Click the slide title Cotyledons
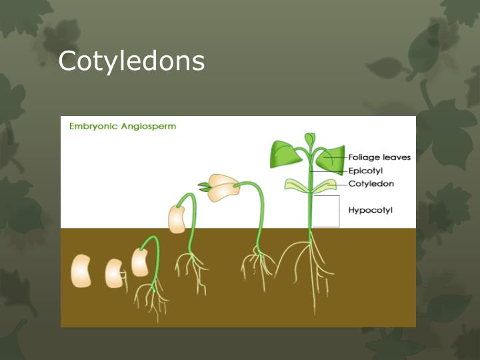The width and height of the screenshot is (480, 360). (x=131, y=61)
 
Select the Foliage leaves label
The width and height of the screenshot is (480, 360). (x=379, y=158)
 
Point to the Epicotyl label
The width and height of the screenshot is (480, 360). (x=365, y=171)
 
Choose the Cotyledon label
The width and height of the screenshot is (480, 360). (x=371, y=183)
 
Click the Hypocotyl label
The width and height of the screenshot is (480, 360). (x=371, y=210)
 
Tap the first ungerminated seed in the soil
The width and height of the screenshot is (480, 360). (x=81, y=271)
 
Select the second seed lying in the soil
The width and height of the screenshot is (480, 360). (x=114, y=273)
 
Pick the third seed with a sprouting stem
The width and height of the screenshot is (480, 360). (x=140, y=262)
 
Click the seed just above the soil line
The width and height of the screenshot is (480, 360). (x=177, y=219)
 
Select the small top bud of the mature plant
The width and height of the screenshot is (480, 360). (x=309, y=139)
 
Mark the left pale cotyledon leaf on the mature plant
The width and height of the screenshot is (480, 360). (x=296, y=185)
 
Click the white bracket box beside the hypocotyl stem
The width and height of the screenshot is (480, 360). (x=326, y=211)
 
